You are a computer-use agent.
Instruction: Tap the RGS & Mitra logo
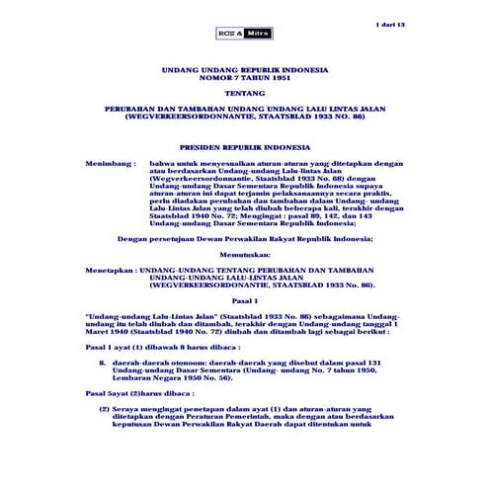tap(239, 34)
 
